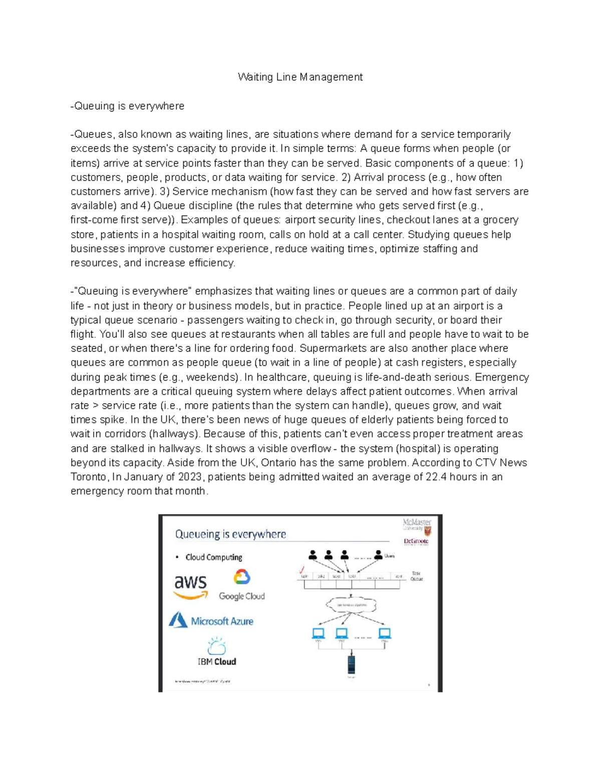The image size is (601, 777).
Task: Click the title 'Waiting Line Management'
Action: coord(300,77)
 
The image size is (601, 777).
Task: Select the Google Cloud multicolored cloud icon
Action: coord(242,577)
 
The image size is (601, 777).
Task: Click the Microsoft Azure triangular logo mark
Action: coord(178,620)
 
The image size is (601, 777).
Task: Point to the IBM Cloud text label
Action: coord(217,661)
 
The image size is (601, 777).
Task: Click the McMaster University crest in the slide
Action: coord(427,530)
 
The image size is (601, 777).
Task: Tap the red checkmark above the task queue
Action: coord(302,570)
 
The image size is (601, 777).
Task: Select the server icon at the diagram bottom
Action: coord(351,664)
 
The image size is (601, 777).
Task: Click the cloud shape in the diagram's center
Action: coord(351,604)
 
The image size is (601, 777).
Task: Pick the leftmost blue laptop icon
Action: coord(319,633)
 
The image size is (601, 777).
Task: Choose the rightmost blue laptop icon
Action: coord(384,633)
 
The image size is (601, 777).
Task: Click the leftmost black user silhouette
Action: coord(313,555)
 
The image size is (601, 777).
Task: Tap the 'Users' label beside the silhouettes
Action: coord(389,556)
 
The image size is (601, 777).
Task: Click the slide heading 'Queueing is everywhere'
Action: coord(230,534)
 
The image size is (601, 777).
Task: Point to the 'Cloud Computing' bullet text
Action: coord(214,557)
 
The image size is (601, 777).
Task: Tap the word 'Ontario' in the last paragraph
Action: coord(278,463)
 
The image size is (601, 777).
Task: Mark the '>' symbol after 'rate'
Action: coord(95,406)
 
